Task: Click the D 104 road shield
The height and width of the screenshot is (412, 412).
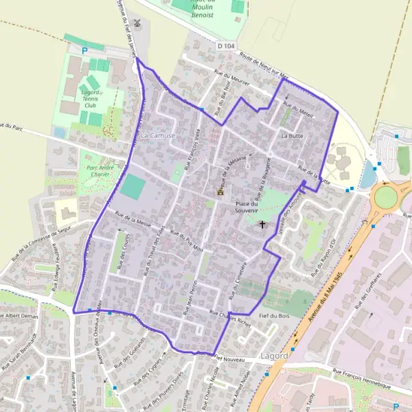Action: click(226, 46)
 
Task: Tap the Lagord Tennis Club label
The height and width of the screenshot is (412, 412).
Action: click(91, 98)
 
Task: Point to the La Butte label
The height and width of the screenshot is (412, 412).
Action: click(292, 137)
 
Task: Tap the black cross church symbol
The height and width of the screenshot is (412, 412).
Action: click(262, 225)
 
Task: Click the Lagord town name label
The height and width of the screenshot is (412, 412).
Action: click(275, 357)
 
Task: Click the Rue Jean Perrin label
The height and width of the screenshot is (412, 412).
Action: click(190, 297)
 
